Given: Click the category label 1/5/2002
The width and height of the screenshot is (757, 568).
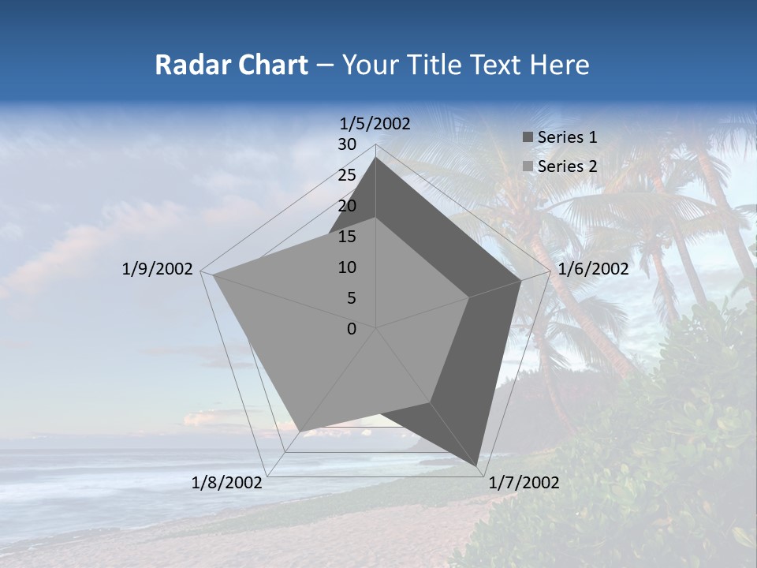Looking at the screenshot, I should [375, 124].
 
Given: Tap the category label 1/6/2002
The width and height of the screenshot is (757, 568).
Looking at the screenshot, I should [593, 269].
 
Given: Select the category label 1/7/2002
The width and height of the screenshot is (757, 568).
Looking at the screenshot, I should [524, 483].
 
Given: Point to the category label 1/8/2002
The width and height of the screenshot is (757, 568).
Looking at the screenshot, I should [227, 483].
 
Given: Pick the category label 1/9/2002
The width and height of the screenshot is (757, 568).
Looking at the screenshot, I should [158, 269].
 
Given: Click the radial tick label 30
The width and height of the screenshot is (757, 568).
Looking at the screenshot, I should [347, 144].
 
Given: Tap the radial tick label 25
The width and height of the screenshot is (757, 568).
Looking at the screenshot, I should [347, 175].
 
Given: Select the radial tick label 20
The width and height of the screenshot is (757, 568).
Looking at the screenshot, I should [347, 206].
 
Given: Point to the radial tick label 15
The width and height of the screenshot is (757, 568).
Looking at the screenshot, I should [347, 237].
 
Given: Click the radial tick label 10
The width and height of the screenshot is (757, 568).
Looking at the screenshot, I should [347, 267].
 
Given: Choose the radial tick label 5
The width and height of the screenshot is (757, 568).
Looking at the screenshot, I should [351, 298].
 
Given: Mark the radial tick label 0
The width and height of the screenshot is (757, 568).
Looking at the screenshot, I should [352, 329].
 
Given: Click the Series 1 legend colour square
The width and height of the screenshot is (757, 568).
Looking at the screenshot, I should [528, 137].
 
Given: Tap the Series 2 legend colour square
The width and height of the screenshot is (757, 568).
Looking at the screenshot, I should [528, 166].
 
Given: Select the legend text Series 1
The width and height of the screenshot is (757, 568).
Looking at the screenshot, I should [567, 137].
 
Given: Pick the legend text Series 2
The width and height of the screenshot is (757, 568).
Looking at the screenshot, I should [567, 166].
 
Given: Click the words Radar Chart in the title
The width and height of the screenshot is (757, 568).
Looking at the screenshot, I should [231, 65].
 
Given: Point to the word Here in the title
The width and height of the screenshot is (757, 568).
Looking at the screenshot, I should [559, 65].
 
